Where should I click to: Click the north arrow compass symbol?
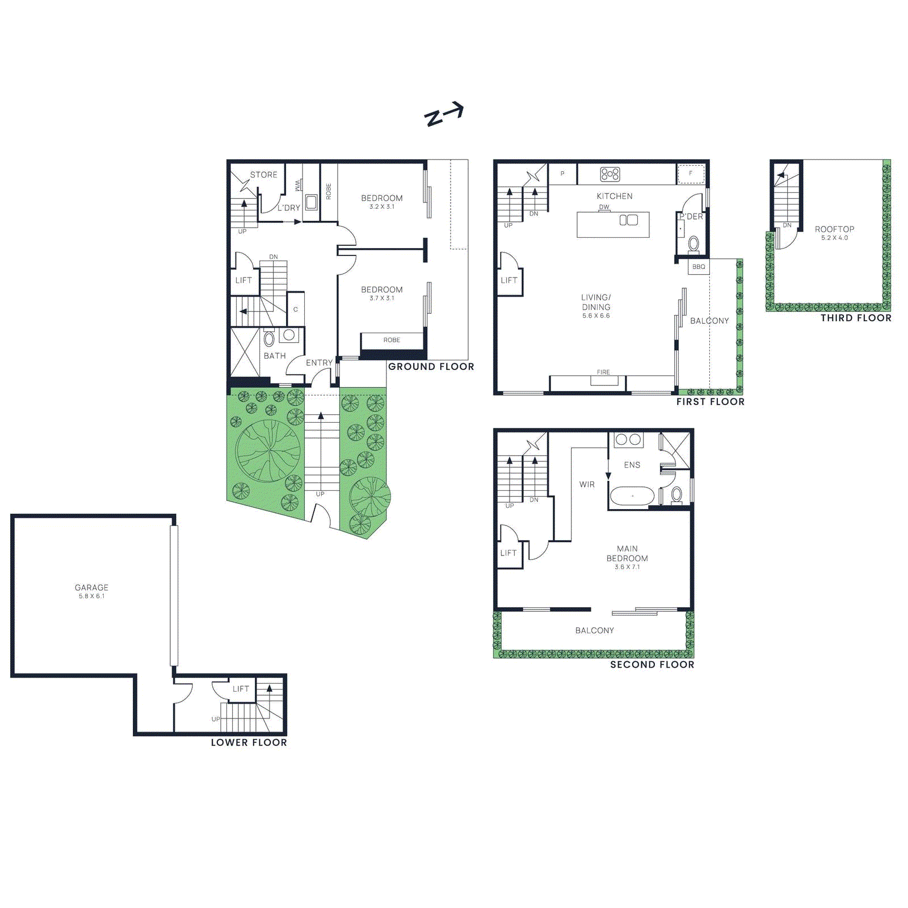[x=444, y=114]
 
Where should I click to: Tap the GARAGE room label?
[x=91, y=587]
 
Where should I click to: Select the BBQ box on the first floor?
[x=699, y=267]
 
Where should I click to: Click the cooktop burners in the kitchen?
[x=610, y=174]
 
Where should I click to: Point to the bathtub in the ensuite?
[x=632, y=496]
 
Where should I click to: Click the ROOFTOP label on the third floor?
[x=834, y=229]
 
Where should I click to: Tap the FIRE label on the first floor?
[x=603, y=372]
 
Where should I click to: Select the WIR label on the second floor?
[x=587, y=485]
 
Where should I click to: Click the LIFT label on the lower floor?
[x=241, y=688]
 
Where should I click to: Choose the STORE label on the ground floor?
[x=264, y=175]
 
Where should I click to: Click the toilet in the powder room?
[x=693, y=244]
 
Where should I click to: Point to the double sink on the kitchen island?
[x=628, y=220]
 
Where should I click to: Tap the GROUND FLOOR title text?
[x=431, y=367]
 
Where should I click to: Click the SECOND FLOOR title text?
[x=652, y=665]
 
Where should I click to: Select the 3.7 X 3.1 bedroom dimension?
[x=381, y=299]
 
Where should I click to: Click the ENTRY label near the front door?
[x=319, y=363]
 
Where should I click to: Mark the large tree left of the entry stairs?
[x=268, y=451]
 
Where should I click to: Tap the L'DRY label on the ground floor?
[x=289, y=208]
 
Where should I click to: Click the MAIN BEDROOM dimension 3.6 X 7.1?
[x=627, y=567]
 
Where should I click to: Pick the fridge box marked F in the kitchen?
[x=691, y=174]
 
